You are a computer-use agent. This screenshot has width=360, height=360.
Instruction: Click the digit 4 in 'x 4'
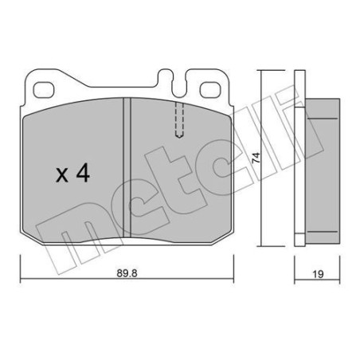point(81,174)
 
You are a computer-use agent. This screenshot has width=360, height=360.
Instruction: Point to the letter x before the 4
point(62,176)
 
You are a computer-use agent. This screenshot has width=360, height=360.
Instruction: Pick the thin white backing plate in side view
point(299,159)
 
